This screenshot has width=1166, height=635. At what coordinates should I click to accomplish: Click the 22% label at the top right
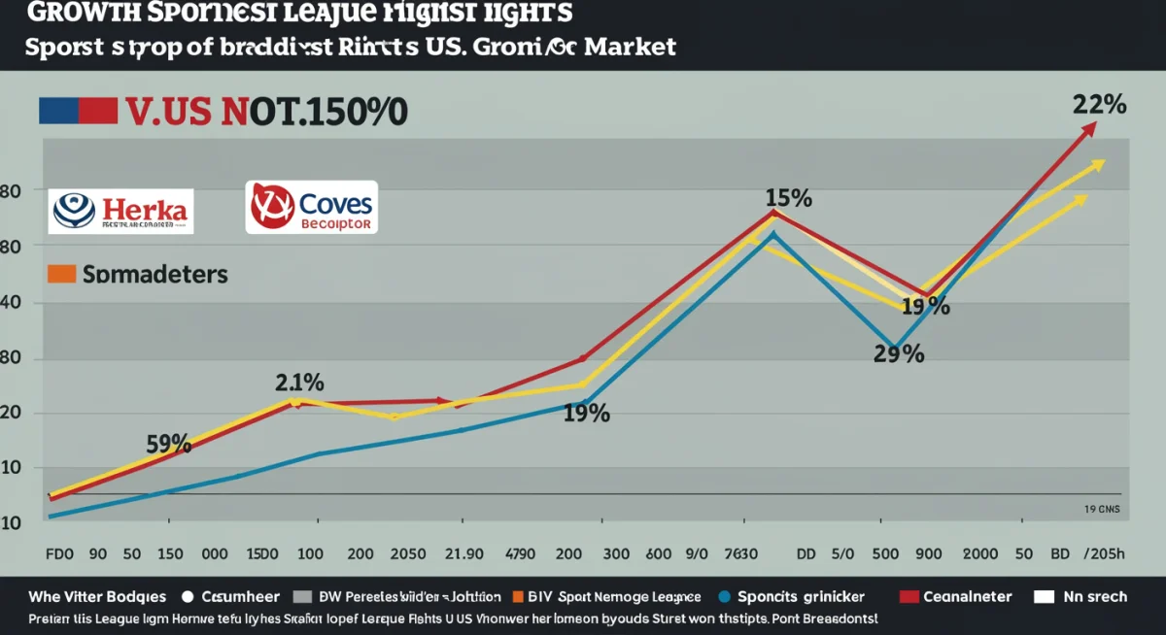pyautogui.click(x=1099, y=105)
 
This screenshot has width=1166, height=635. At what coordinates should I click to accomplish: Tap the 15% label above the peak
pyautogui.click(x=788, y=198)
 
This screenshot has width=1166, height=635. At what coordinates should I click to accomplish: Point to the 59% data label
pyautogui.click(x=168, y=444)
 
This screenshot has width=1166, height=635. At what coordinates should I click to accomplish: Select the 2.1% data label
pyautogui.click(x=299, y=382)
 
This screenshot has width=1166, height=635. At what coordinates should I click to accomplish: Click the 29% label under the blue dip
pyautogui.click(x=898, y=354)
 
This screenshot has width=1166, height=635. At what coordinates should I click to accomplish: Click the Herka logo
pyautogui.click(x=121, y=210)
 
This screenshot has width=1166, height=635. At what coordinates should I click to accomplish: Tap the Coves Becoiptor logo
pyautogui.click(x=311, y=207)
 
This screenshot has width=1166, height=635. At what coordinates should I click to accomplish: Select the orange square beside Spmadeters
pyautogui.click(x=60, y=274)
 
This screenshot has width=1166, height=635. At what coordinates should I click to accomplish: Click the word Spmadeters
pyautogui.click(x=154, y=275)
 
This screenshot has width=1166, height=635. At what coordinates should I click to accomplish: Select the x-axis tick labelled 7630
pyautogui.click(x=740, y=554)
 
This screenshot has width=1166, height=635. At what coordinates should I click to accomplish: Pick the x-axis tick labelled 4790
pyautogui.click(x=521, y=554)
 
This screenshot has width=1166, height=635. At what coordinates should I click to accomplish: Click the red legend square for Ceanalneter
pyautogui.click(x=909, y=597)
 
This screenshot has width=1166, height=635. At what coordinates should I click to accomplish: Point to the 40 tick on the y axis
pyautogui.click(x=11, y=303)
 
